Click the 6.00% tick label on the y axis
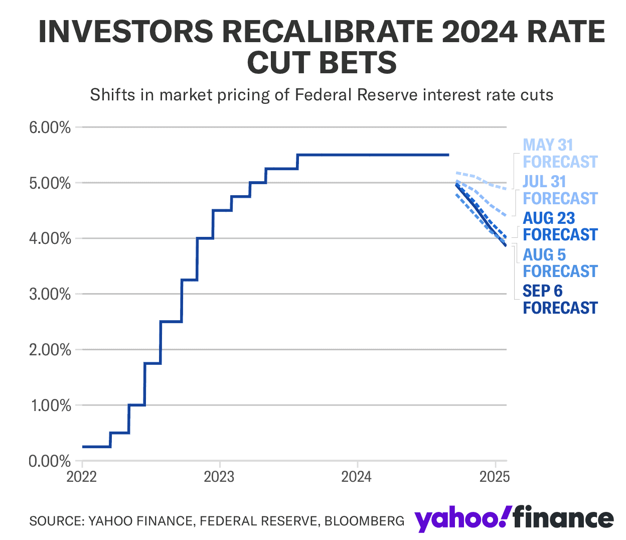[x=50, y=127]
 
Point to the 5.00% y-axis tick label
[x=50, y=183]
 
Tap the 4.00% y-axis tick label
[x=50, y=239]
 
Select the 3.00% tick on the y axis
[x=50, y=295]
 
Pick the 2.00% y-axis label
[x=50, y=350]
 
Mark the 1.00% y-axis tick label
[x=50, y=406]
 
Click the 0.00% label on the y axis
[x=50, y=461]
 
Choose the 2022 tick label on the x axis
[x=82, y=476]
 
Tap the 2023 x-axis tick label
[x=219, y=476]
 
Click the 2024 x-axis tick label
[x=357, y=476]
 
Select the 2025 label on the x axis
[x=495, y=476]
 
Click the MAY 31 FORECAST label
[x=560, y=154]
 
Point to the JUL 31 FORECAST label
[x=560, y=190]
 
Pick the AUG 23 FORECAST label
[x=560, y=226]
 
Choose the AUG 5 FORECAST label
[x=560, y=263]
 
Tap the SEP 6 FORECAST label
[x=560, y=300]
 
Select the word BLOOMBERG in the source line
[x=364, y=521]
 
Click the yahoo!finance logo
[x=514, y=519]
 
